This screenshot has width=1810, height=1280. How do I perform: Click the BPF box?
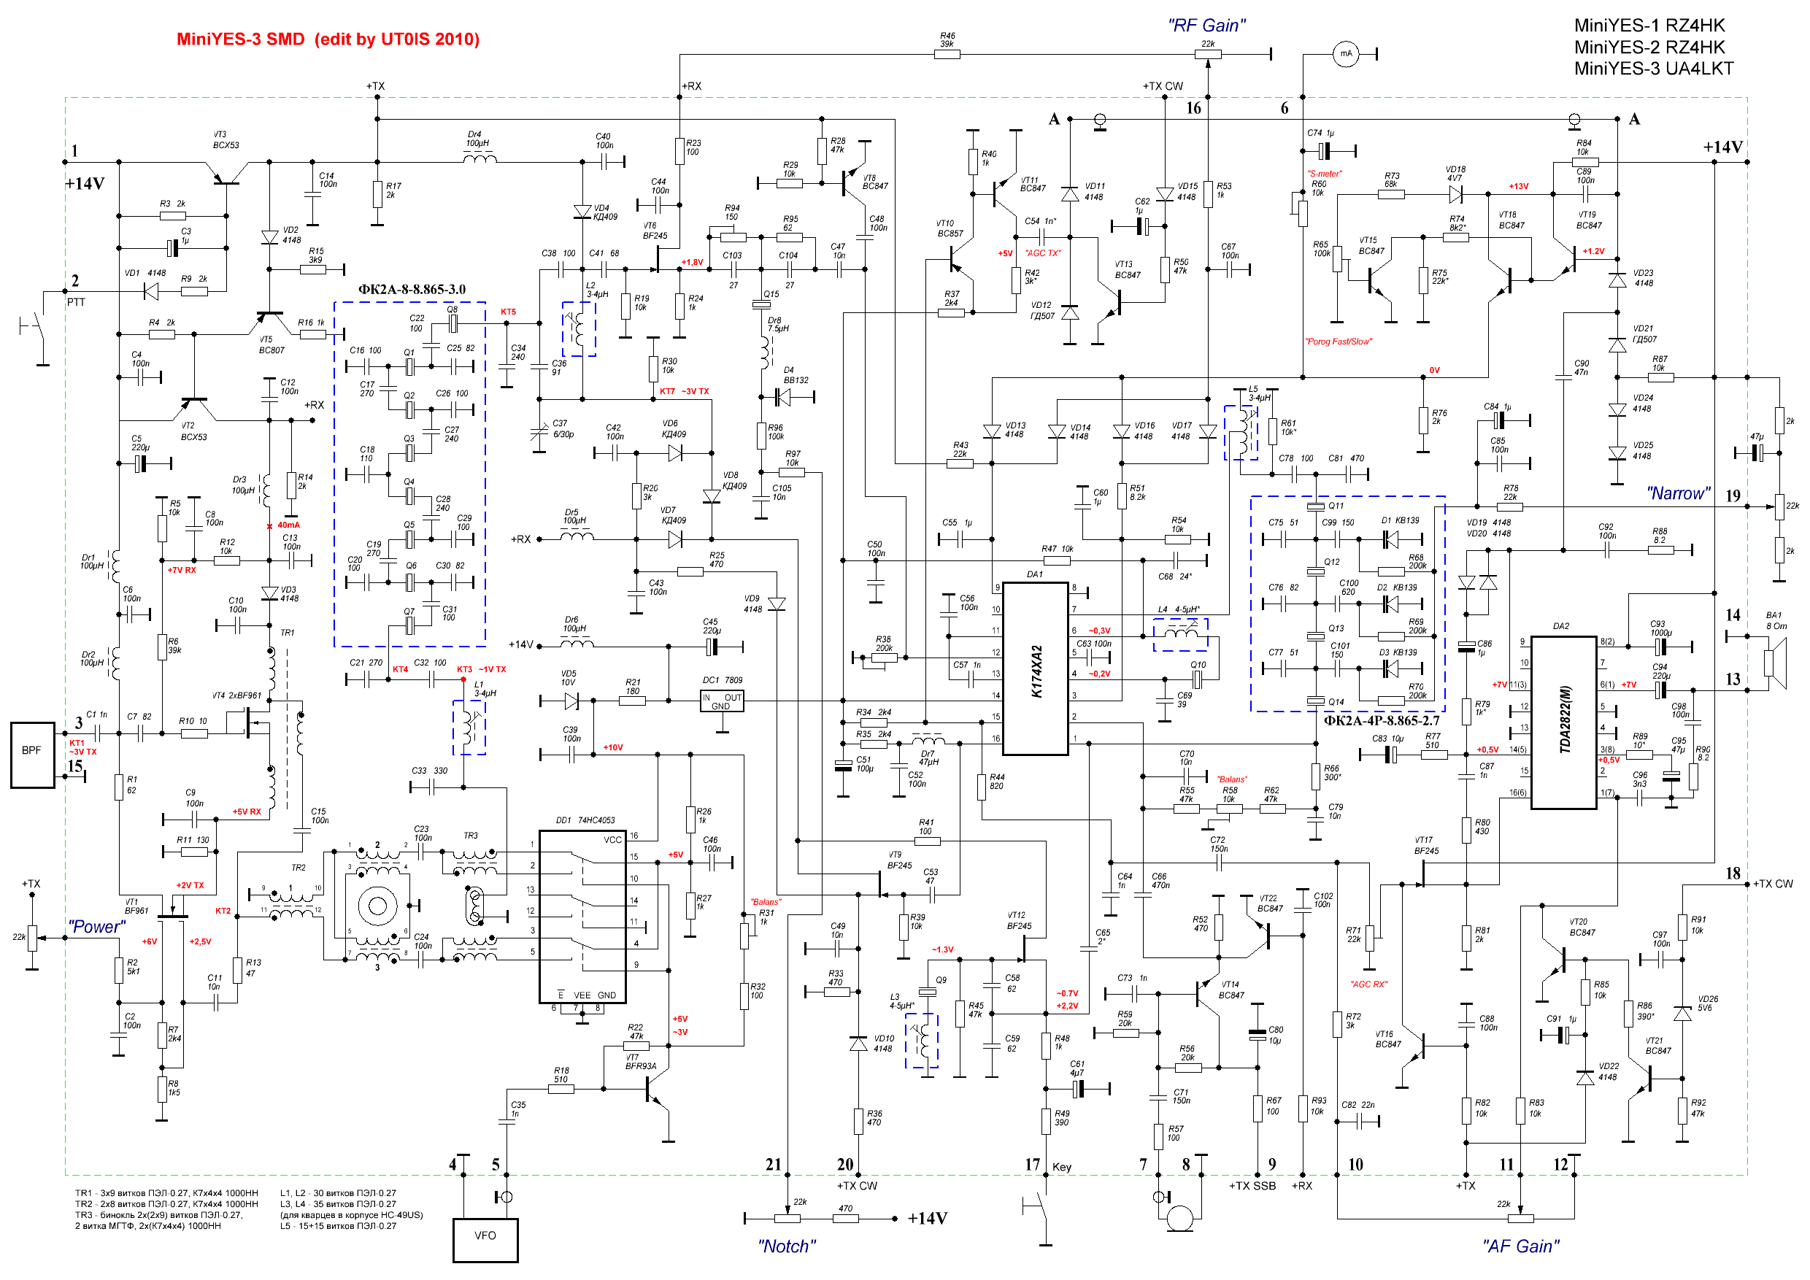click(31, 755)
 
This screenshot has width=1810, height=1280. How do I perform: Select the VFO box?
click(485, 1240)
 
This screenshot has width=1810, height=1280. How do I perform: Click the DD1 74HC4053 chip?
click(582, 916)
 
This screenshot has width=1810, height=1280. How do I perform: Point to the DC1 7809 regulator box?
click(721, 701)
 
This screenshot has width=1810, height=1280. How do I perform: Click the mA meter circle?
click(1346, 53)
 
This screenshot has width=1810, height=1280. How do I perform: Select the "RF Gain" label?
click(1206, 26)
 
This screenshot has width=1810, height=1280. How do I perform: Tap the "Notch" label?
click(786, 1246)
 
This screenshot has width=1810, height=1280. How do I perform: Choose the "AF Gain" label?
click(1520, 1246)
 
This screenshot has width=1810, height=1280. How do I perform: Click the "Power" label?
click(96, 927)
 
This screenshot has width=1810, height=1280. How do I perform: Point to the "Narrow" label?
click(1678, 493)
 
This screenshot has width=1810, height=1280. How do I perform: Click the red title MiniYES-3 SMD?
click(327, 39)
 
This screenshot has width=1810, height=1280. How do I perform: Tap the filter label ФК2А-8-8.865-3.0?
click(412, 289)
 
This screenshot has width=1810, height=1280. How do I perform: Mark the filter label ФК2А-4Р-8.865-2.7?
click(1380, 720)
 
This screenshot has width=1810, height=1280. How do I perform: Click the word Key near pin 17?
click(1061, 1168)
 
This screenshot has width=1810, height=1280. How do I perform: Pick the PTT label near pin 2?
click(76, 303)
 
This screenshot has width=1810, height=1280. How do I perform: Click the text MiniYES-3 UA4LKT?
click(1653, 69)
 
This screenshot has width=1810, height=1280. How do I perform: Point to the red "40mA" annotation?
click(288, 525)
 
